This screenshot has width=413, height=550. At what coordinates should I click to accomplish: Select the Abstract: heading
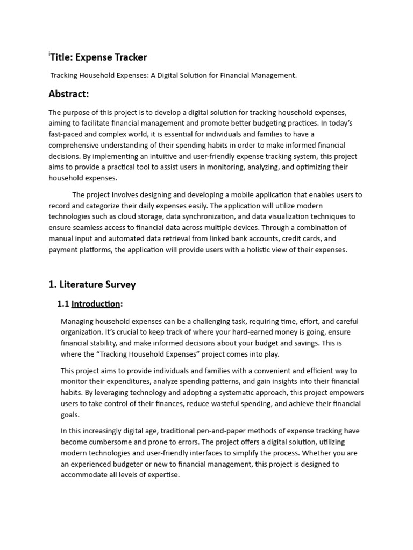point(68,94)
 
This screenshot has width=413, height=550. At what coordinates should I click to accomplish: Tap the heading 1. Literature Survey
point(92,284)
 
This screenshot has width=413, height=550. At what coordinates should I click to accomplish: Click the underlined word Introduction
point(96,304)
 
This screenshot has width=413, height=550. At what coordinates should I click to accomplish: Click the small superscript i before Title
point(49,53)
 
